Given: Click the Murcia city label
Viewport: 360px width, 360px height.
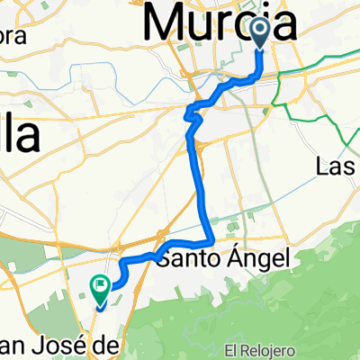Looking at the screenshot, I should coord(221,22).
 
